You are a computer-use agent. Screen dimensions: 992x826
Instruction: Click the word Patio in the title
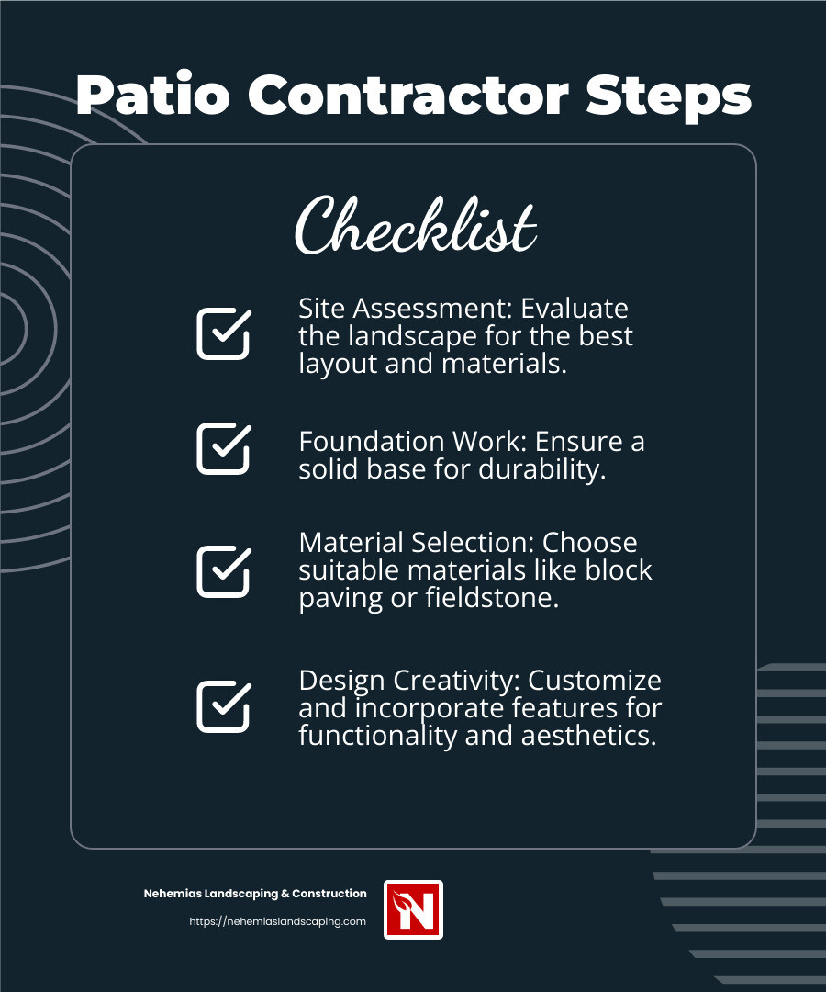151,96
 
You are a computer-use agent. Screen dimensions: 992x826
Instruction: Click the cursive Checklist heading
415,225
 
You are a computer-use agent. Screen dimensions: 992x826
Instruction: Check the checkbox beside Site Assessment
223,333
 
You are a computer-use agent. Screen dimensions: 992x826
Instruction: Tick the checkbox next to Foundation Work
223,448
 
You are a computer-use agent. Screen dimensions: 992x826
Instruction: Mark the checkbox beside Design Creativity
223,706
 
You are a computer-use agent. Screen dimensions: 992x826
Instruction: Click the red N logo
413,909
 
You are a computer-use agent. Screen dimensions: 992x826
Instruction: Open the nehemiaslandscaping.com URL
277,921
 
